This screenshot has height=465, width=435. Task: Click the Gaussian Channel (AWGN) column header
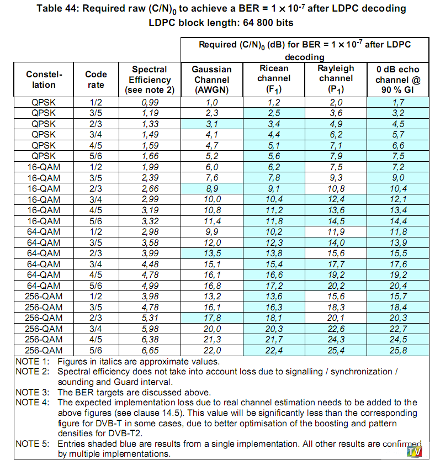click(211, 80)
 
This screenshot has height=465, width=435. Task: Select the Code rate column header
click(96, 80)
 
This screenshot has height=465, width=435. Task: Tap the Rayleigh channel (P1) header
click(336, 79)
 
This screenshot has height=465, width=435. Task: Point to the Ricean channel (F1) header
click(274, 79)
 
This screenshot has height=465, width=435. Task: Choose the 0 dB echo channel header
click(397, 80)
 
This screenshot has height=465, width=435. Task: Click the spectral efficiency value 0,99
click(150, 102)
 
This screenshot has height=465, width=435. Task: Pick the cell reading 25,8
click(397, 350)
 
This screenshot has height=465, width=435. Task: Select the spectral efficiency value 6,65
click(150, 350)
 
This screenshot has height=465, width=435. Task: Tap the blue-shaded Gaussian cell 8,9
click(211, 188)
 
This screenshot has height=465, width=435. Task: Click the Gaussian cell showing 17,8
click(211, 318)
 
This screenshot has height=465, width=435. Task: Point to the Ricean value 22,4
click(274, 350)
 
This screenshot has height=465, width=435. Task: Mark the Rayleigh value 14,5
click(336, 220)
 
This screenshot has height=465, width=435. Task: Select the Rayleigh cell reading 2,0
click(336, 102)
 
